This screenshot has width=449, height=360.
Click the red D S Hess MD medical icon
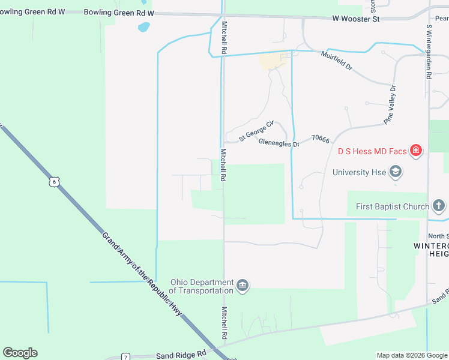415,151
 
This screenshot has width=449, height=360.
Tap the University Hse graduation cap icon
395,173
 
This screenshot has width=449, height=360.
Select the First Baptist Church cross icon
439,206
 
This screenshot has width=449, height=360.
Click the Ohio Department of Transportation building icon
243,284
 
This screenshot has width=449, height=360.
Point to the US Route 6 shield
54,181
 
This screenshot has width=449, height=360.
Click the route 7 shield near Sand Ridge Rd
125,357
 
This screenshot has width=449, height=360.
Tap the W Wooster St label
356,19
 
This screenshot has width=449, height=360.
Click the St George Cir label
256,130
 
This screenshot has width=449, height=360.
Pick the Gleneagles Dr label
279,143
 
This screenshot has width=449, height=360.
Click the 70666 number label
321,139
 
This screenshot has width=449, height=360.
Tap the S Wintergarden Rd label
429,52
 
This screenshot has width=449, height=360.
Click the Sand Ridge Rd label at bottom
181,355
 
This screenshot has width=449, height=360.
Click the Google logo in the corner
20,353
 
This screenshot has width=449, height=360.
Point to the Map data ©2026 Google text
411,355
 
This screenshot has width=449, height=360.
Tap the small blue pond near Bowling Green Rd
143,27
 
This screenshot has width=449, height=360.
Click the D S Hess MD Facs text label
372,151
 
